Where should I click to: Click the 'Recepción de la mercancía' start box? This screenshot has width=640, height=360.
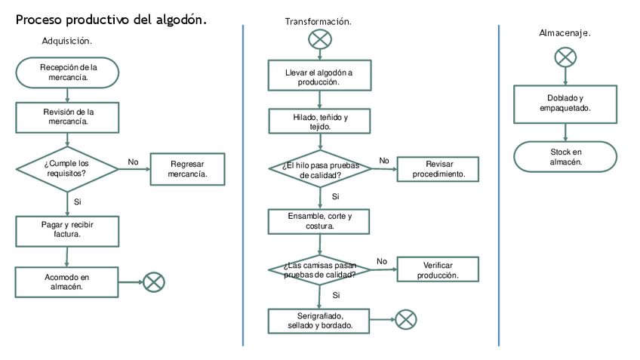tap(68, 72)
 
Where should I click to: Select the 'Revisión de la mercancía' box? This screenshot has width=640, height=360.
tap(68, 116)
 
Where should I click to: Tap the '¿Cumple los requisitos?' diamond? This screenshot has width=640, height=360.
tap(68, 168)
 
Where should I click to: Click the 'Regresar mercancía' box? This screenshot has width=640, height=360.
tap(187, 169)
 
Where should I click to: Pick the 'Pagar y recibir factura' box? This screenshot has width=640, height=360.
tap(67, 230)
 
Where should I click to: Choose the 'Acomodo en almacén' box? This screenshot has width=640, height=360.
tap(67, 282)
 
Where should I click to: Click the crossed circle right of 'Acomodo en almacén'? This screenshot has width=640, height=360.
tap(154, 282)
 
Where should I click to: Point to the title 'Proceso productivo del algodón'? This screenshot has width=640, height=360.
tap(112, 20)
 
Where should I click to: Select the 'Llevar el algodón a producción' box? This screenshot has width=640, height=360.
tap(319, 76)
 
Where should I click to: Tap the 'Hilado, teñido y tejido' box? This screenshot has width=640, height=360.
tap(321, 122)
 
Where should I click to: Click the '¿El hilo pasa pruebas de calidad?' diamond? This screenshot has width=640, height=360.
tap(321, 169)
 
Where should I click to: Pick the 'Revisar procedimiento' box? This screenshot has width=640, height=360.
tap(438, 169)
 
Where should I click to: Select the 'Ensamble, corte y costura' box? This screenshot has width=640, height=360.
tap(320, 221)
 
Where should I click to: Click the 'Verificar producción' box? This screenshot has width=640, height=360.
tap(438, 269)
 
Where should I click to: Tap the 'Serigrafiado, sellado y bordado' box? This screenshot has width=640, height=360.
tap(320, 320)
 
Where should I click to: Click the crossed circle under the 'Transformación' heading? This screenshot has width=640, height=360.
tap(320, 39)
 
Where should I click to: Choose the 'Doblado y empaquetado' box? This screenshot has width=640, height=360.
tap(565, 103)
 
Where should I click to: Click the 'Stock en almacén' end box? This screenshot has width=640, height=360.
tap(565, 156)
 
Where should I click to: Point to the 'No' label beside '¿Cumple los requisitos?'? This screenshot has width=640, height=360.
tap(134, 162)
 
